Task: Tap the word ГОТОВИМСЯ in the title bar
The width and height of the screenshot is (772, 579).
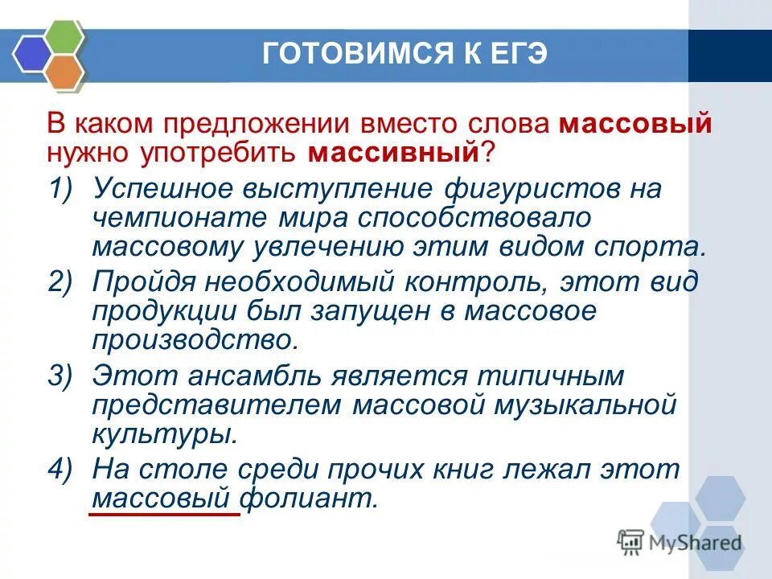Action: [x=343, y=55]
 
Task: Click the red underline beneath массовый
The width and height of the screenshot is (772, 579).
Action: [x=164, y=511]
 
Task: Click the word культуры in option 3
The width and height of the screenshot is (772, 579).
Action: [x=165, y=433]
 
